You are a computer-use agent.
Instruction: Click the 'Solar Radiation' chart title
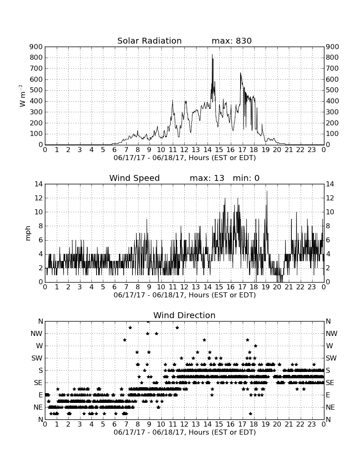[150, 41]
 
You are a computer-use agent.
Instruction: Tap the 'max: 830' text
[232, 41]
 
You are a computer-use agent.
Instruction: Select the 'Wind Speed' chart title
[135, 178]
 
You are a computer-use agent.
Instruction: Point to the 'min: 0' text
[246, 178]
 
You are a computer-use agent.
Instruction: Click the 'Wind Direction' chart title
[184, 315]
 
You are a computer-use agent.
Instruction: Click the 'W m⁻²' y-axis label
[22, 96]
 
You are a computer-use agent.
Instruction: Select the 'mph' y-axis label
[28, 233]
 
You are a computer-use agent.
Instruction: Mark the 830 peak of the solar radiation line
[212, 54]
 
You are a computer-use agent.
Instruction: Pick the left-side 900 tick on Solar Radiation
[36, 47]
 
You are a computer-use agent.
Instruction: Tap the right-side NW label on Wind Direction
[332, 334]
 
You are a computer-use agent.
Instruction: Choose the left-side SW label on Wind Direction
[37, 358]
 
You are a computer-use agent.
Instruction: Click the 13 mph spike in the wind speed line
[267, 191]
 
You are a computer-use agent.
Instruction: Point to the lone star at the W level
[255, 346]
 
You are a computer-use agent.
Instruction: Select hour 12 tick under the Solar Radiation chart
[184, 150]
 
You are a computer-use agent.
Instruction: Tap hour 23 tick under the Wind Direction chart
[312, 424]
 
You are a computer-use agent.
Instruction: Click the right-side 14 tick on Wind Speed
[330, 184]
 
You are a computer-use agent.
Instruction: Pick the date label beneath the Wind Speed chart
[185, 295]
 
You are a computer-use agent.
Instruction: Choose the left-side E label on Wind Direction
[41, 395]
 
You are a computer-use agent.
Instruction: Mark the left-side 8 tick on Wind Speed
[41, 226]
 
